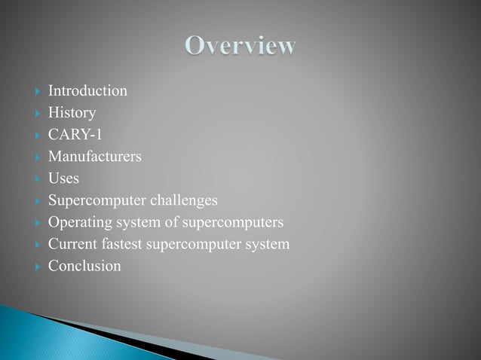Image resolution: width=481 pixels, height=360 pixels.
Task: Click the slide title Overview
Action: (x=240, y=47)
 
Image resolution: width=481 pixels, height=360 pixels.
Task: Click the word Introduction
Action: (x=87, y=91)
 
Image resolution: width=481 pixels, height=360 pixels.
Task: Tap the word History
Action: (x=72, y=113)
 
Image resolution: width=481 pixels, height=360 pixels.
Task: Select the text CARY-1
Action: (x=75, y=135)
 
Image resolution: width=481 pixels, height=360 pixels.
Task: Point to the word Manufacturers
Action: (x=94, y=157)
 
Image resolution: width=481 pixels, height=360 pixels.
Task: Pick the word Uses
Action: (x=63, y=178)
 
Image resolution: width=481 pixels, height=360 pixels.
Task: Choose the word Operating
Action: (x=78, y=222)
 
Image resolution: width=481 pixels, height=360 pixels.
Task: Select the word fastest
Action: (x=122, y=244)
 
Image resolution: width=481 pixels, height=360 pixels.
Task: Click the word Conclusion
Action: (x=84, y=266)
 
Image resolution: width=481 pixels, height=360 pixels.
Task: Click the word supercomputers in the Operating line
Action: (x=237, y=222)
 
